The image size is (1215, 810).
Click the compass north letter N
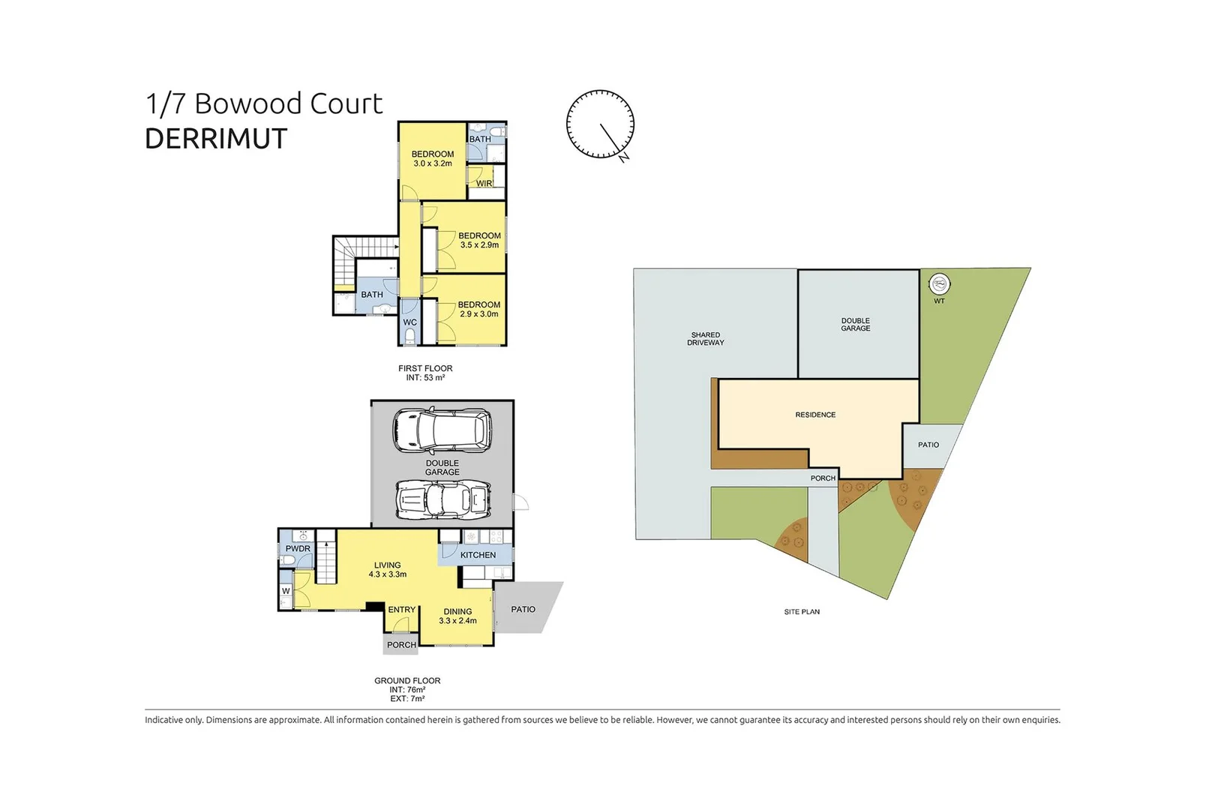624,157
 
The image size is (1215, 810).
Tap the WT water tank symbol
939,283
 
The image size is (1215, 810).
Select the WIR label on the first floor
484,184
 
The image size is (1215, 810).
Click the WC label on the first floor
409,322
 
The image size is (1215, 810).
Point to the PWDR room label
298,548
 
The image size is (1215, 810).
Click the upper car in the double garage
442,430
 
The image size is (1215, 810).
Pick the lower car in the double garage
443,499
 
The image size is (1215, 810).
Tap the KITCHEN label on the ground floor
478,555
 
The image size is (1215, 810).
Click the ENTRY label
401,610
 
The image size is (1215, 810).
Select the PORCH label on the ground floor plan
401,645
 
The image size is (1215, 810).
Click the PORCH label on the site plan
823,478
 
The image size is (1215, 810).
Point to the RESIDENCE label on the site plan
815,415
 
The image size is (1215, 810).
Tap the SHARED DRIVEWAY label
706,338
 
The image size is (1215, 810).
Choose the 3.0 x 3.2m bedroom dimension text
432,163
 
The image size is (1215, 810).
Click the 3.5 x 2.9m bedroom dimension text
479,244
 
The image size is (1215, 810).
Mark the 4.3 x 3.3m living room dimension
387,574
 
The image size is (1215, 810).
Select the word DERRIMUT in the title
216,139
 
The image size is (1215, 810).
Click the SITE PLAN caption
802,612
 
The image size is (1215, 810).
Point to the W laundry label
286,591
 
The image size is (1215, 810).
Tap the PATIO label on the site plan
928,445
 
